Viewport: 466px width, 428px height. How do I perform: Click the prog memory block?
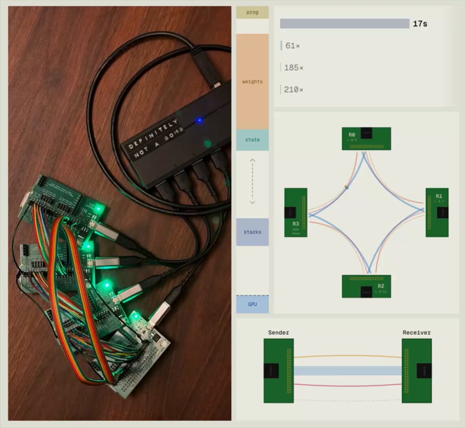click(252, 12)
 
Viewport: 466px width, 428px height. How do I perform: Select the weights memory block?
click(252, 81)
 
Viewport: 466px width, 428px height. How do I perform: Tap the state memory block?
click(252, 140)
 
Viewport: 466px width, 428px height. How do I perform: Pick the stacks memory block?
click(252, 232)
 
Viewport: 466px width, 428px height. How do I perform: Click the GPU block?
click(252, 304)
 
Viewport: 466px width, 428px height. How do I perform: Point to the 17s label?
click(420, 24)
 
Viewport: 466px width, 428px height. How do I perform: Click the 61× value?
click(292, 46)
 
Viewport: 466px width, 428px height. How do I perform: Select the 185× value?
click(293, 68)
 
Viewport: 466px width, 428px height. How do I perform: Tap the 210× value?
click(293, 90)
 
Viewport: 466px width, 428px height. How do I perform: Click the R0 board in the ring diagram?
click(366, 139)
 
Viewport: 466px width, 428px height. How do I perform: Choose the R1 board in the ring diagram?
click(437, 212)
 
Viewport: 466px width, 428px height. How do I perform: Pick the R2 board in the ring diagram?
click(366, 286)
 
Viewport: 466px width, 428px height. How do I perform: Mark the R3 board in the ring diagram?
click(296, 212)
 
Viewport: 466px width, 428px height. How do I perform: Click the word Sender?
click(279, 333)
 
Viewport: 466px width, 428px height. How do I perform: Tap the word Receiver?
click(416, 333)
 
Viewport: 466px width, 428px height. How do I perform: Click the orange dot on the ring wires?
click(346, 187)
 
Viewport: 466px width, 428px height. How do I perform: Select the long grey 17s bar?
click(344, 24)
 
